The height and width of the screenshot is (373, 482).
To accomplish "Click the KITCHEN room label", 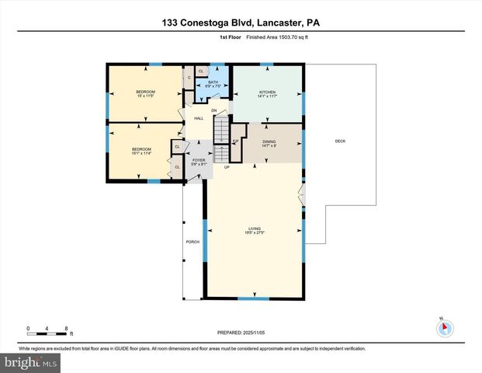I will (267, 92).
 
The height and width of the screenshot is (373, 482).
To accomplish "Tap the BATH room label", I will (213, 82).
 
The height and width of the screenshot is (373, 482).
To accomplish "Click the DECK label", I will (340, 141).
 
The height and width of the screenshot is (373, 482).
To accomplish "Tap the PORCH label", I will (192, 242).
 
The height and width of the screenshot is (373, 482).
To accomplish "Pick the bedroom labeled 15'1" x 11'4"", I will (140, 151).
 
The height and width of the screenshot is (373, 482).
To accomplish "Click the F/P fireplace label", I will (235, 141).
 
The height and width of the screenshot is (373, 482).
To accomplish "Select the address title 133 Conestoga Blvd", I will (241, 23).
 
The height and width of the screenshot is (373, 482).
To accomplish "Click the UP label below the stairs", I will (227, 168).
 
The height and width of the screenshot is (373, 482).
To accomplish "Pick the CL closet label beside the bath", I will (200, 71).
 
